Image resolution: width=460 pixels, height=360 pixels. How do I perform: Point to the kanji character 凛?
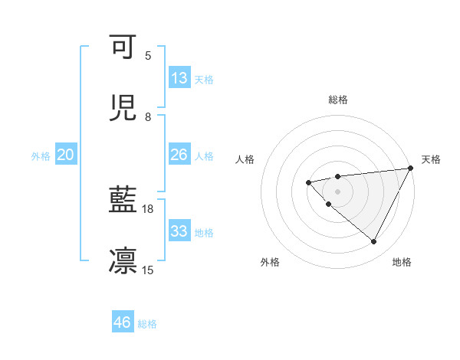point(123,260)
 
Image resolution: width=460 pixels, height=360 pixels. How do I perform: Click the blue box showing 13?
point(179,78)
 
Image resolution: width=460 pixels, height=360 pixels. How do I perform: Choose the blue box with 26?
point(179,155)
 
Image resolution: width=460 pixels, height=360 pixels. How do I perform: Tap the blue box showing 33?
point(179,231)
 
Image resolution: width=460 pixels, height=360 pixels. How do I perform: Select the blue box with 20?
point(66,155)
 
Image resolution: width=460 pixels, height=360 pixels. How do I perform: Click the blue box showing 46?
point(123,322)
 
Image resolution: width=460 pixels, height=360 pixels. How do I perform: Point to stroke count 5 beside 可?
point(148,56)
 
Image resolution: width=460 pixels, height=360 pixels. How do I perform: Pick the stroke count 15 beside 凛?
point(148,270)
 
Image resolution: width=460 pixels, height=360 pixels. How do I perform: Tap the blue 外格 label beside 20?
point(41,156)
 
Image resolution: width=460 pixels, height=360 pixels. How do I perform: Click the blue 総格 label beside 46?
point(147,324)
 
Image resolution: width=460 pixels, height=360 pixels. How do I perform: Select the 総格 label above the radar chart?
point(337,100)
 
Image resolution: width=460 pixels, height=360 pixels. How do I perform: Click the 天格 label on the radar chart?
point(431,159)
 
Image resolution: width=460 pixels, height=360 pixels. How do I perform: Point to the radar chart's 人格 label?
point(245,159)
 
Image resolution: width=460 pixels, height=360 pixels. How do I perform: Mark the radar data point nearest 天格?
point(411,169)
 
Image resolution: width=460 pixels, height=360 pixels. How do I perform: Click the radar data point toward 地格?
point(374,242)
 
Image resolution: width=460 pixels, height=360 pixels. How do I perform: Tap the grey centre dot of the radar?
point(337,191)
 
